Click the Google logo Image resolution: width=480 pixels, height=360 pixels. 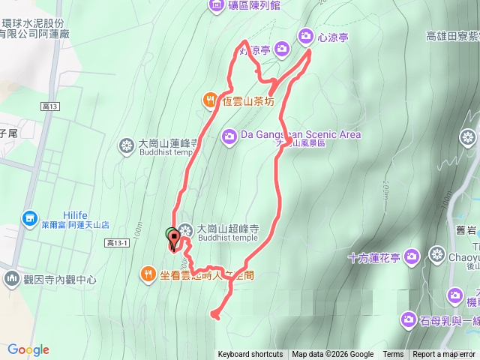pyautogui.click(x=28, y=349)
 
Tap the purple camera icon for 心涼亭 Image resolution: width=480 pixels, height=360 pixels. pyautogui.click(x=305, y=35)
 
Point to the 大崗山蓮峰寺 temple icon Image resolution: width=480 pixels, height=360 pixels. pyautogui.click(x=127, y=144)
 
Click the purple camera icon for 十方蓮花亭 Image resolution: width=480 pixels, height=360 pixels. pyautogui.click(x=411, y=257)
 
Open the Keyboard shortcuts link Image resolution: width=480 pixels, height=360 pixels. pyautogui.click(x=250, y=355)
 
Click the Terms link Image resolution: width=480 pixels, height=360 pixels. pyautogui.click(x=393, y=355)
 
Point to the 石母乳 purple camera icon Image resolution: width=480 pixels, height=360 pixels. pyautogui.click(x=408, y=320)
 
